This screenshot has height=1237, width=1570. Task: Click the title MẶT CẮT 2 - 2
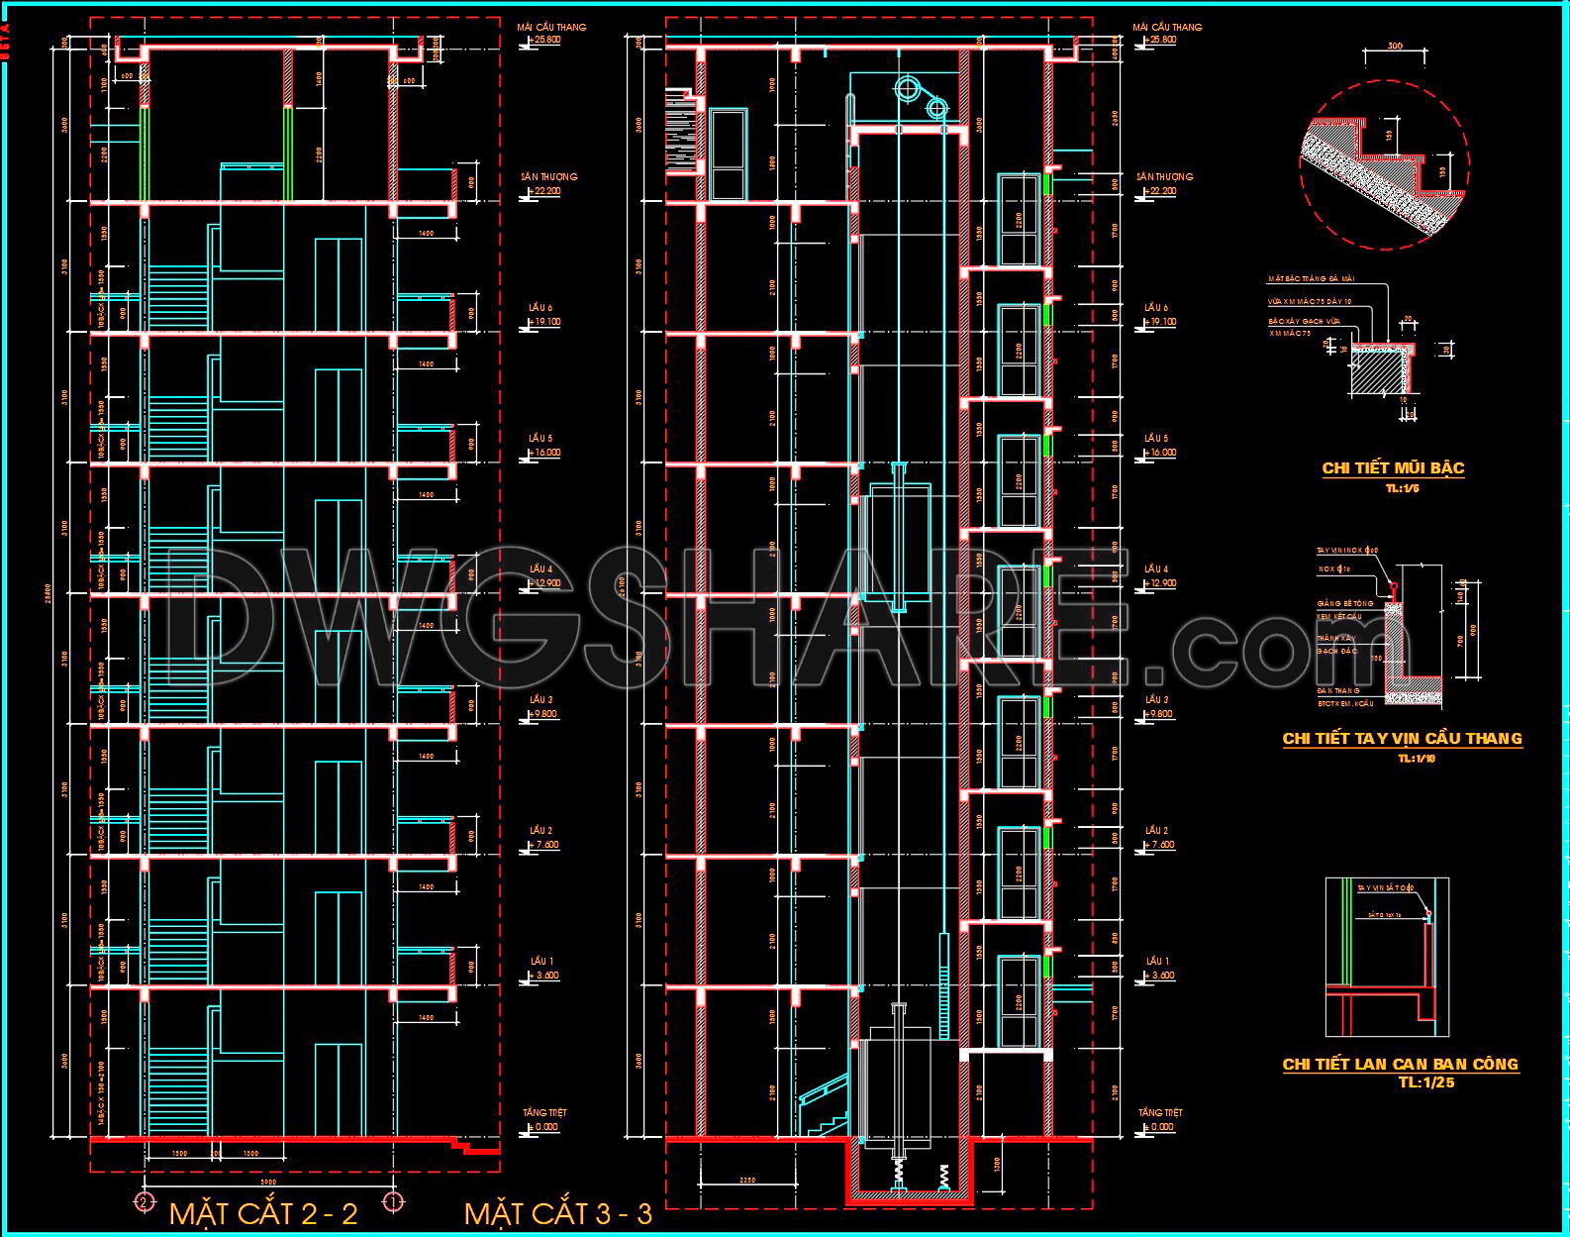[263, 1214]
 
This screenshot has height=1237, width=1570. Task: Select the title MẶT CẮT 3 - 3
[558, 1214]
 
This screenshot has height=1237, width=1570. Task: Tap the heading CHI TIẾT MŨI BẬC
[1393, 468]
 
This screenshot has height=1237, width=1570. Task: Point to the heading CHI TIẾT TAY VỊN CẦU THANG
[1402, 739]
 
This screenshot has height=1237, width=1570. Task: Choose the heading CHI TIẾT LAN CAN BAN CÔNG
[1400, 1065]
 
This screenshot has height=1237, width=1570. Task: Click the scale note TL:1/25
[1426, 1082]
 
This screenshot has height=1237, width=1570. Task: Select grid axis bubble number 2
[145, 1202]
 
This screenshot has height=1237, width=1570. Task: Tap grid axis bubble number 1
[393, 1202]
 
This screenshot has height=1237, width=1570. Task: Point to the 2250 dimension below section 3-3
[747, 1179]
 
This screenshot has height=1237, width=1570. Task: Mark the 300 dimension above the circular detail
[1394, 47]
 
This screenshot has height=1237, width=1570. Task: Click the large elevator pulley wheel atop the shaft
[908, 89]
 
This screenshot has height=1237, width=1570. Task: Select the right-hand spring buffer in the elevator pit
[944, 1179]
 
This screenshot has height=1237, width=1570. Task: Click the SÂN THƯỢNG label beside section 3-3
[1164, 177]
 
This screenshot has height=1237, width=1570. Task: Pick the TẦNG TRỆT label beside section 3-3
[1160, 1113]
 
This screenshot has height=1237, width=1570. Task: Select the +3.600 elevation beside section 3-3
[1160, 976]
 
